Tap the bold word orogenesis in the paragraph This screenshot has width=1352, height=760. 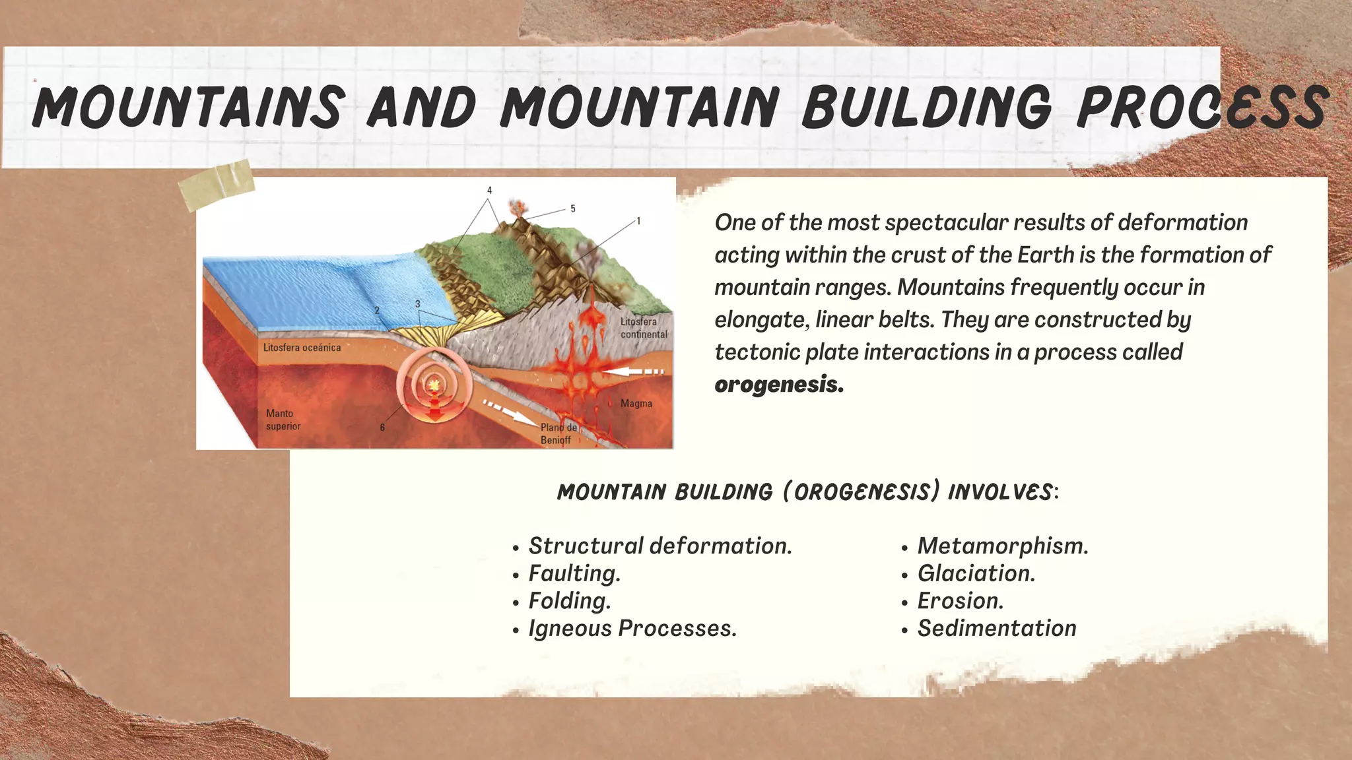[x=778, y=385]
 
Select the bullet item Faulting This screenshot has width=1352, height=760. [x=574, y=573]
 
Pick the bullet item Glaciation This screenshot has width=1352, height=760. [x=976, y=573]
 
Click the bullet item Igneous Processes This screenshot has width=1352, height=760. [x=632, y=628]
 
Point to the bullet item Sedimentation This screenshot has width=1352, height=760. [x=996, y=628]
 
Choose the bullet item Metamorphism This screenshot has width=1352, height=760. [x=1002, y=546]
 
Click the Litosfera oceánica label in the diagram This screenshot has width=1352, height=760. [x=302, y=348]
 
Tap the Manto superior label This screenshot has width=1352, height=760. [x=283, y=420]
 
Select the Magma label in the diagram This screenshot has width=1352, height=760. [x=636, y=403]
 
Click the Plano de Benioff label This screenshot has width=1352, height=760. [x=558, y=433]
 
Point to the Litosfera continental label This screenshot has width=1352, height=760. [x=643, y=328]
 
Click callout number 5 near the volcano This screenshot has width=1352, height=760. [x=572, y=208]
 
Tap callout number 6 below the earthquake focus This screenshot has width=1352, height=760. [x=382, y=427]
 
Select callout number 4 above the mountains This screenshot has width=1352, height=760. [x=489, y=191]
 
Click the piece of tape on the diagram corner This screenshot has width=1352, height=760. [x=217, y=184]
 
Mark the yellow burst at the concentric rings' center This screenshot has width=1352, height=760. [x=434, y=384]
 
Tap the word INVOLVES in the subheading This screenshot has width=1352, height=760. [x=1000, y=491]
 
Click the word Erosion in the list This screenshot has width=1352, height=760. [x=960, y=601]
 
